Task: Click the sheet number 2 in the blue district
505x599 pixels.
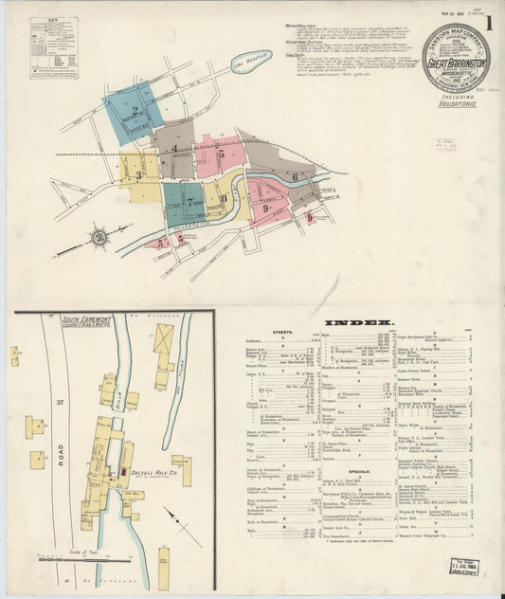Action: [x=135, y=111]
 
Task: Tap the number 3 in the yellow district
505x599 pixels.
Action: [x=138, y=175]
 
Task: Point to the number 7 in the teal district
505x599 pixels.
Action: [x=189, y=202]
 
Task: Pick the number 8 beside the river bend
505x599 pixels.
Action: [x=224, y=198]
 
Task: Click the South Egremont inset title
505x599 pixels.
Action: [x=87, y=321]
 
